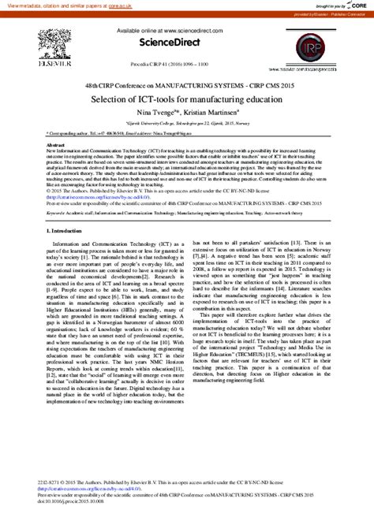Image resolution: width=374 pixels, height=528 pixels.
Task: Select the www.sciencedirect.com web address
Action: point(190,29)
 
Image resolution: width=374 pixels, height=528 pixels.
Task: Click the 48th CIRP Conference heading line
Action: point(186,83)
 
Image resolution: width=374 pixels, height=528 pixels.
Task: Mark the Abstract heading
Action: point(56,146)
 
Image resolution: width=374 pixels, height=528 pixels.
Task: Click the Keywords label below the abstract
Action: point(56,213)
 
